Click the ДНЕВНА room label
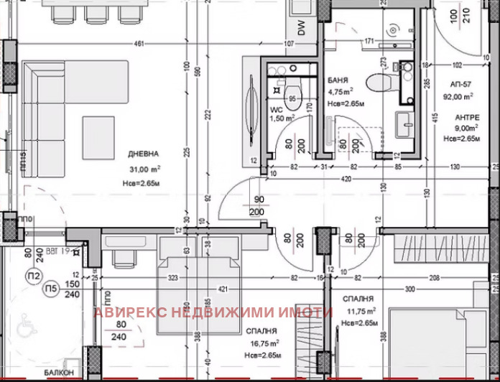[x=143, y=154]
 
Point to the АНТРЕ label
[x=467, y=117]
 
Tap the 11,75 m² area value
[x=357, y=312]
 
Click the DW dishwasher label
[x=302, y=28]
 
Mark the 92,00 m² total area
[x=458, y=95]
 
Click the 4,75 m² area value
[x=341, y=92]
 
